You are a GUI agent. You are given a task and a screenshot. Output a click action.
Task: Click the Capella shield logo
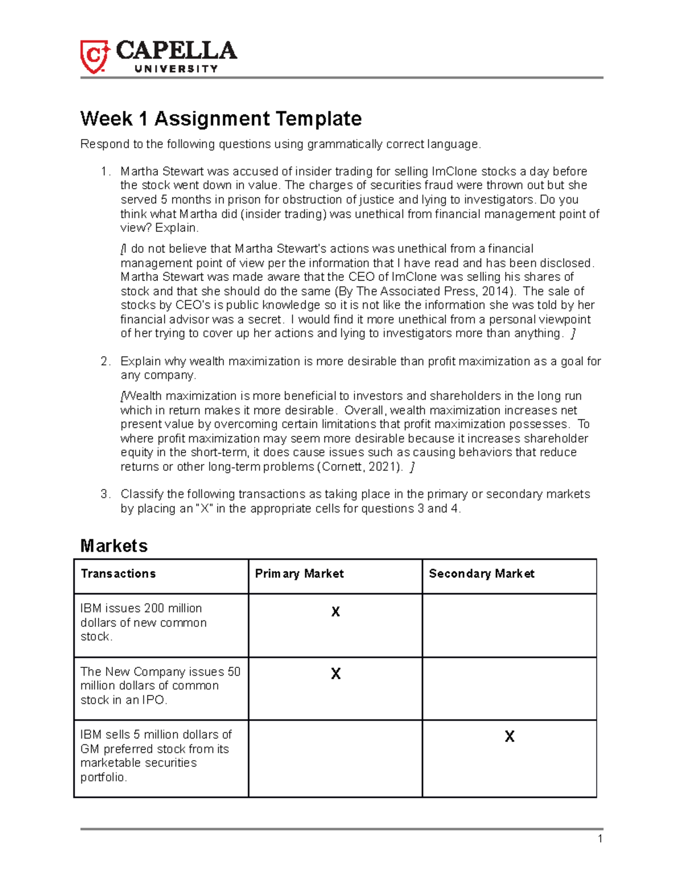point(94,56)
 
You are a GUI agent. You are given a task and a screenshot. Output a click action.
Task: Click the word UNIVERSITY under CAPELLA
point(176,69)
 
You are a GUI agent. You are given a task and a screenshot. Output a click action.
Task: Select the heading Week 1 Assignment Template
point(221,119)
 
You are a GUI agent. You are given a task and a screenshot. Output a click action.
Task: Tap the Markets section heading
point(114,546)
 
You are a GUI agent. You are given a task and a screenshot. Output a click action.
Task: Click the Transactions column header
point(118,574)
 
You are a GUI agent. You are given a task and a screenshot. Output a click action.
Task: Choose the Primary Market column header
point(299,574)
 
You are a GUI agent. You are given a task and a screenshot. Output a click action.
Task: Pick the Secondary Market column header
point(482,574)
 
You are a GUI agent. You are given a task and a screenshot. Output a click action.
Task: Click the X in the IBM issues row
point(336,612)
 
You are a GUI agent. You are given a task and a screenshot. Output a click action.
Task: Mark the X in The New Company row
point(336,674)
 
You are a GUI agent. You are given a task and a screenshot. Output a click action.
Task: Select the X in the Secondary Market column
point(510,737)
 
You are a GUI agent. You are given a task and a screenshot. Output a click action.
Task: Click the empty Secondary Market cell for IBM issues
point(509,625)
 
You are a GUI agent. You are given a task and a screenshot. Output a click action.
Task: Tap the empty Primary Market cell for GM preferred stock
point(335,758)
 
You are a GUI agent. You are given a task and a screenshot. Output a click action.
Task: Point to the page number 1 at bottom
point(600,838)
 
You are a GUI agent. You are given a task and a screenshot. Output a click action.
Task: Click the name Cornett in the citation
point(340,467)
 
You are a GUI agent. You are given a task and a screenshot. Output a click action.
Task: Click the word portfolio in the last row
point(104,777)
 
